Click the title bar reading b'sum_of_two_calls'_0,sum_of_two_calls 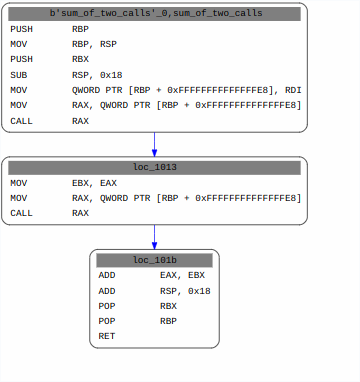pos(154,14)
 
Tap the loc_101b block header pos(154,260)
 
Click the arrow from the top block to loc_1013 pos(154,143)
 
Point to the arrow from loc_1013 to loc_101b pos(154,237)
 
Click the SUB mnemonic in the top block pos(19,75)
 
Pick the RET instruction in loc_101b pos(107,336)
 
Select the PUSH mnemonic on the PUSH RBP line pos(21,29)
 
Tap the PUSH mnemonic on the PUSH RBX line pos(21,60)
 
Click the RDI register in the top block pos(292,90)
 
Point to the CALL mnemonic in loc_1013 pos(21,213)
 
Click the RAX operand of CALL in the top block pos(80,121)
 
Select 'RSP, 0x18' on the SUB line pos(93,75)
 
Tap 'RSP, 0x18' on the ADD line pos(185,290)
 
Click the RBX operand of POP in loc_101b pos(168,306)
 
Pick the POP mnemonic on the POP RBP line pos(107,321)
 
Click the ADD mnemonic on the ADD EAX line pos(107,275)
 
